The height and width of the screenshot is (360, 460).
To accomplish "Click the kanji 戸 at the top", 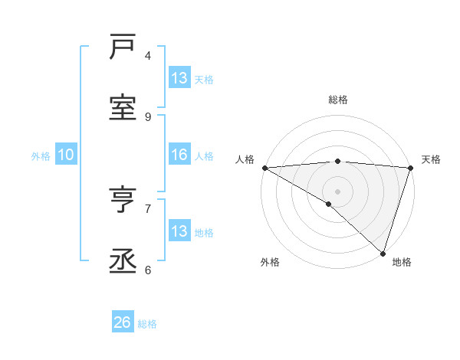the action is [123, 47].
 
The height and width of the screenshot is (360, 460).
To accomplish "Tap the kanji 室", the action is [123, 108].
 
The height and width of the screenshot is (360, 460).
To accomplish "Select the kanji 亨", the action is [123, 200].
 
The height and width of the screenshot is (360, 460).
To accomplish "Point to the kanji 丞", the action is [123, 261].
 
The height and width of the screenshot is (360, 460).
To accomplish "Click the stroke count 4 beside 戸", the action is [148, 55].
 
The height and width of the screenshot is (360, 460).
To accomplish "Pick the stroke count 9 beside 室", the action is [148, 116].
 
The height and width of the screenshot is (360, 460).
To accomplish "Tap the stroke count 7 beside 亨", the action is [148, 208].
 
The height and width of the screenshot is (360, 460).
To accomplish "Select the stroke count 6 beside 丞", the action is [148, 270].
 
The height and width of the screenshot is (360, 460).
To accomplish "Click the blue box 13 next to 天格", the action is [179, 78].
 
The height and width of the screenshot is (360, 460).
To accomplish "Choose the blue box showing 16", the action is [179, 155].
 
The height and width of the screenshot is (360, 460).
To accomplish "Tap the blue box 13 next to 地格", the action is [179, 231].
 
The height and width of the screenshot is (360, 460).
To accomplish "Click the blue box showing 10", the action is [66, 155].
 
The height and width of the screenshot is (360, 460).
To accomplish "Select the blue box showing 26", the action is [123, 322].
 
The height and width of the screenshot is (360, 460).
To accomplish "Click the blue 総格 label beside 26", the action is [147, 324].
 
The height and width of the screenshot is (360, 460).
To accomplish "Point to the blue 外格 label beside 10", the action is [41, 156].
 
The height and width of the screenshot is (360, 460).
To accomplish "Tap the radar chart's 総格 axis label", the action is [337, 100].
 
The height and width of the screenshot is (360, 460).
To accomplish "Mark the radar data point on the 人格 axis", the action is [264, 168].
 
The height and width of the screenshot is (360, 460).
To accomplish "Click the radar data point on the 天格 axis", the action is [410, 168].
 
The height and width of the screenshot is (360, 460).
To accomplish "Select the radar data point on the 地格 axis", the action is [383, 253].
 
